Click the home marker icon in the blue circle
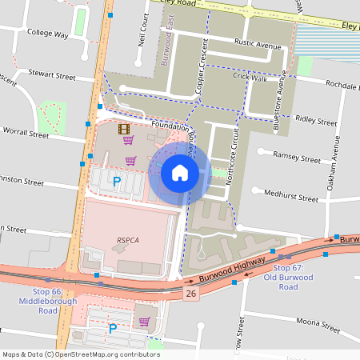click(180, 172)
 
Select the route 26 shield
click(190, 294)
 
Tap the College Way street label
click(47, 34)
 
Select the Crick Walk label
click(250, 78)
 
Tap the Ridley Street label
click(316, 121)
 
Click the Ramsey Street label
click(296, 154)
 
